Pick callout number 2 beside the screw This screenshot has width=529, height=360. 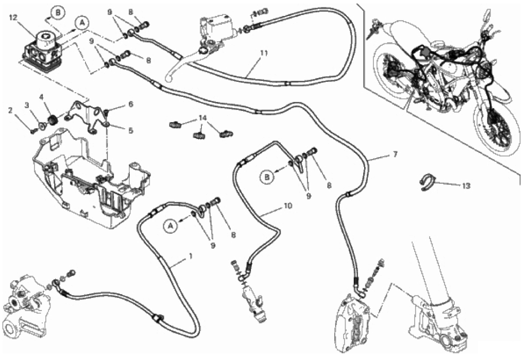click(x=10, y=109)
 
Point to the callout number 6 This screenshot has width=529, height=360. click(x=130, y=104)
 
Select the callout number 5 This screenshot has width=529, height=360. click(x=130, y=130)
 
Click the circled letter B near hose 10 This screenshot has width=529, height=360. click(x=268, y=178)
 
